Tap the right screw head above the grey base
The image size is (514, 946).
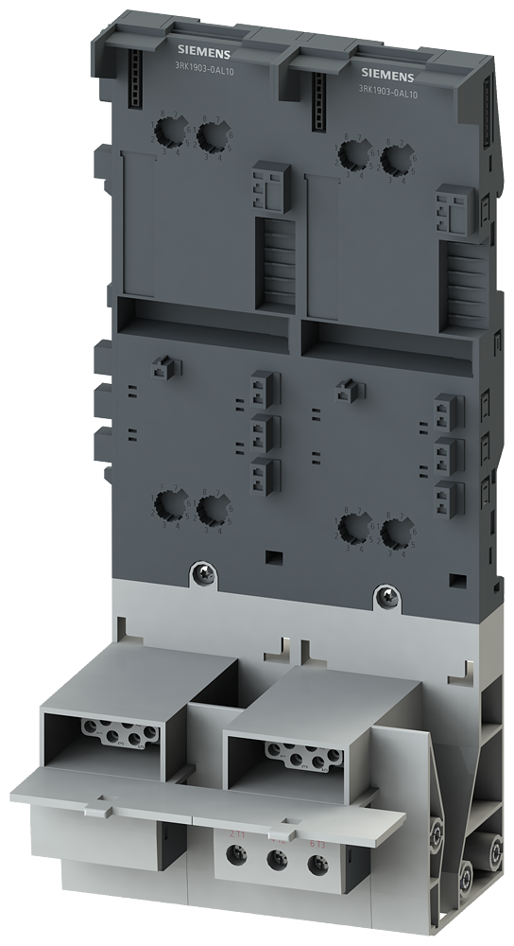385,595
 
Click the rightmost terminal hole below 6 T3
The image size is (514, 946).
316,867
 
